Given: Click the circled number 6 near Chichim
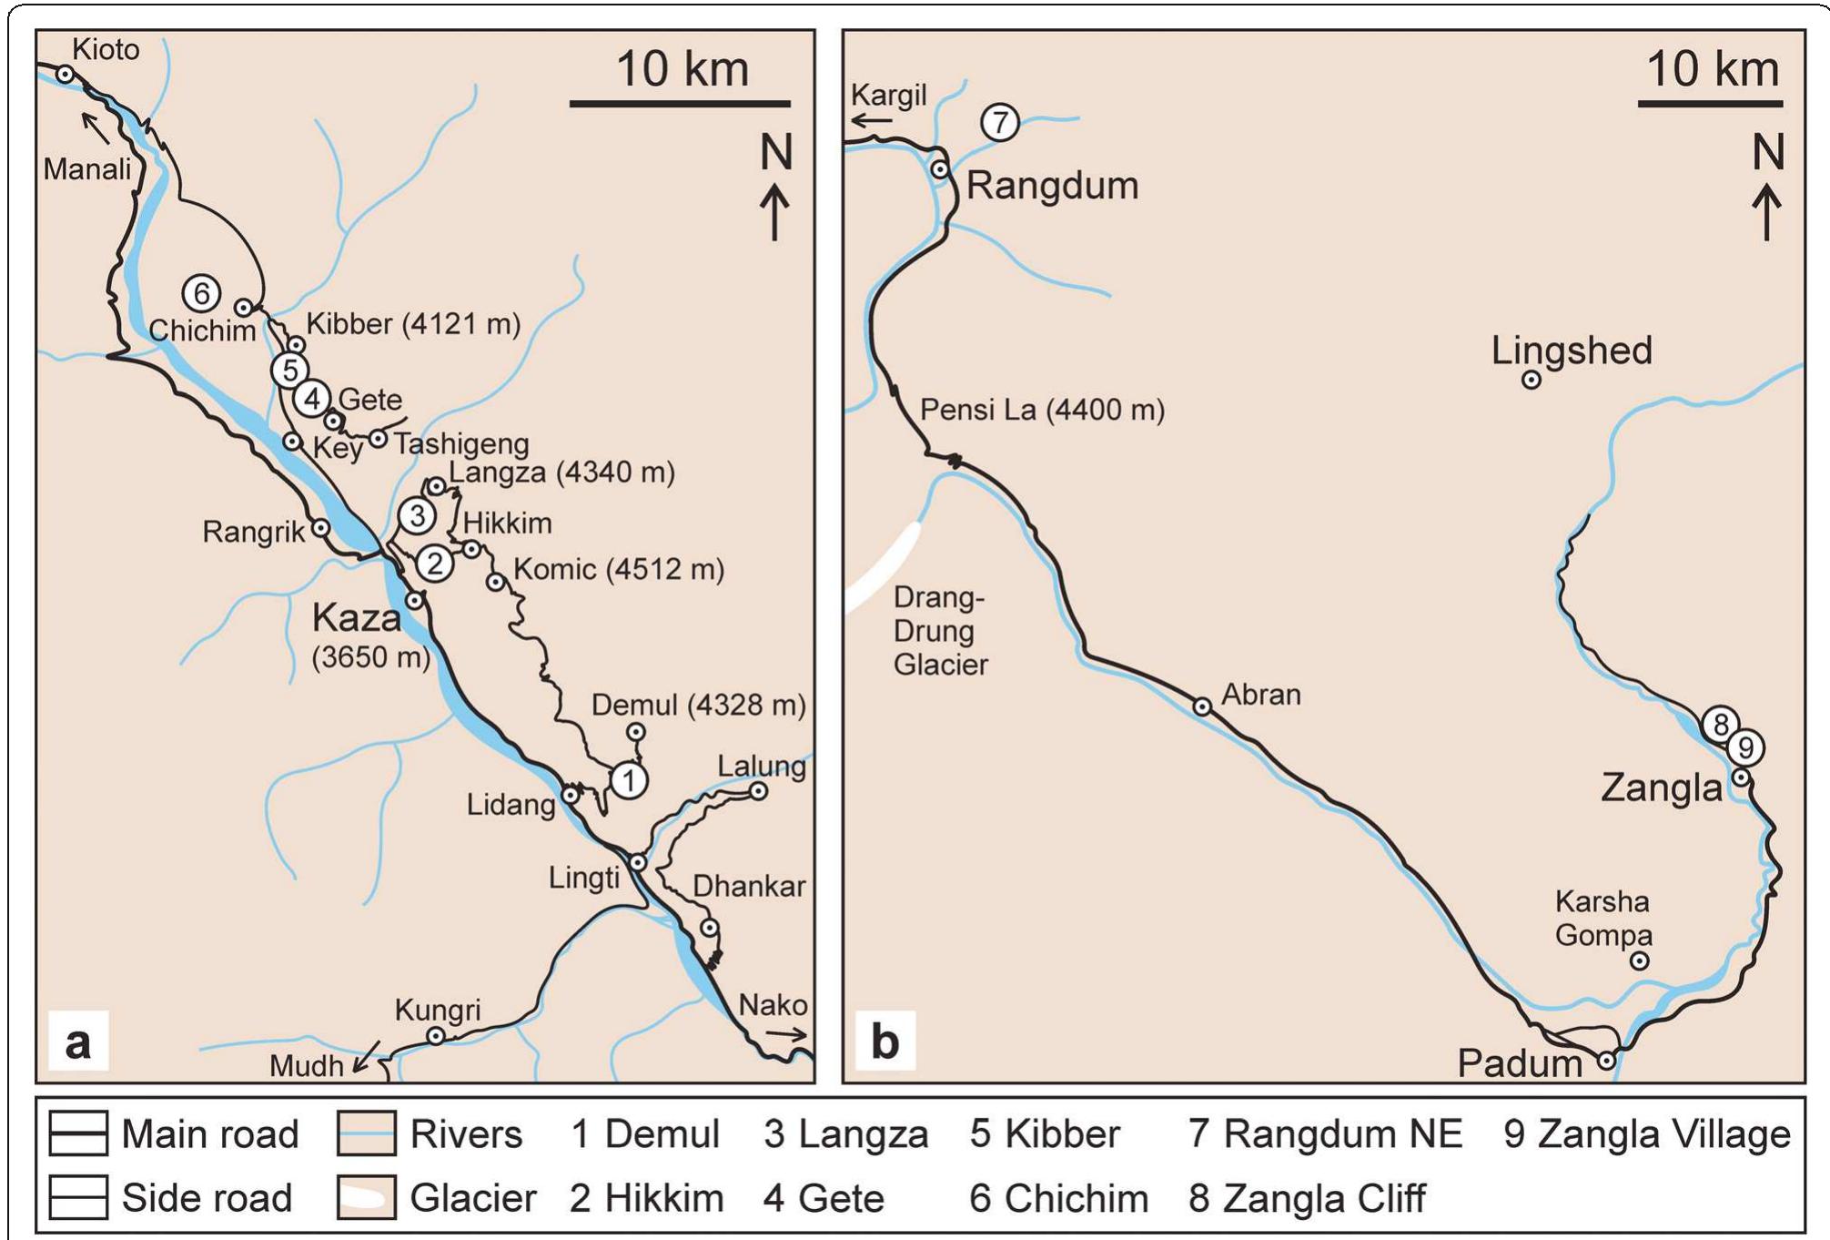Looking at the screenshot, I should point(201,293).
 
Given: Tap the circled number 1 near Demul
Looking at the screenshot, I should point(629,780).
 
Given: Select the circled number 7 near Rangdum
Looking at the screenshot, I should point(1000,122).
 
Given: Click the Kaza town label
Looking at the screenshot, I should point(356,619).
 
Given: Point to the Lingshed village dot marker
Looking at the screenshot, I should point(1532,380).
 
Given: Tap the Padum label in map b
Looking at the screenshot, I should point(1519,1063).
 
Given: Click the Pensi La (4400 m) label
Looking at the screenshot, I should point(1042,410).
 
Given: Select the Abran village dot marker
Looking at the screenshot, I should point(1202,706).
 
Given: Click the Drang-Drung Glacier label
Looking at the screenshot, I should point(940,631).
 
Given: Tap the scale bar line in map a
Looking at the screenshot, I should point(680,104).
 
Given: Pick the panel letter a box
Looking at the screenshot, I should point(78,1041).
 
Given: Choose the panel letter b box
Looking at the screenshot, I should point(885,1041).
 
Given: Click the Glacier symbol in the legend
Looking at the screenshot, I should point(366,1197).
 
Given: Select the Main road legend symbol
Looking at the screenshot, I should point(78,1133).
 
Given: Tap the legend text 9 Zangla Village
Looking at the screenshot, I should point(1646,1134).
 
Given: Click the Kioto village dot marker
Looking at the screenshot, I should point(66,74).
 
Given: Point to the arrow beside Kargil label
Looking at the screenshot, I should point(871,121).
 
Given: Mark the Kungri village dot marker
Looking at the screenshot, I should point(436,1036).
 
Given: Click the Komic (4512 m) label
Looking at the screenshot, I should point(619,570).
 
